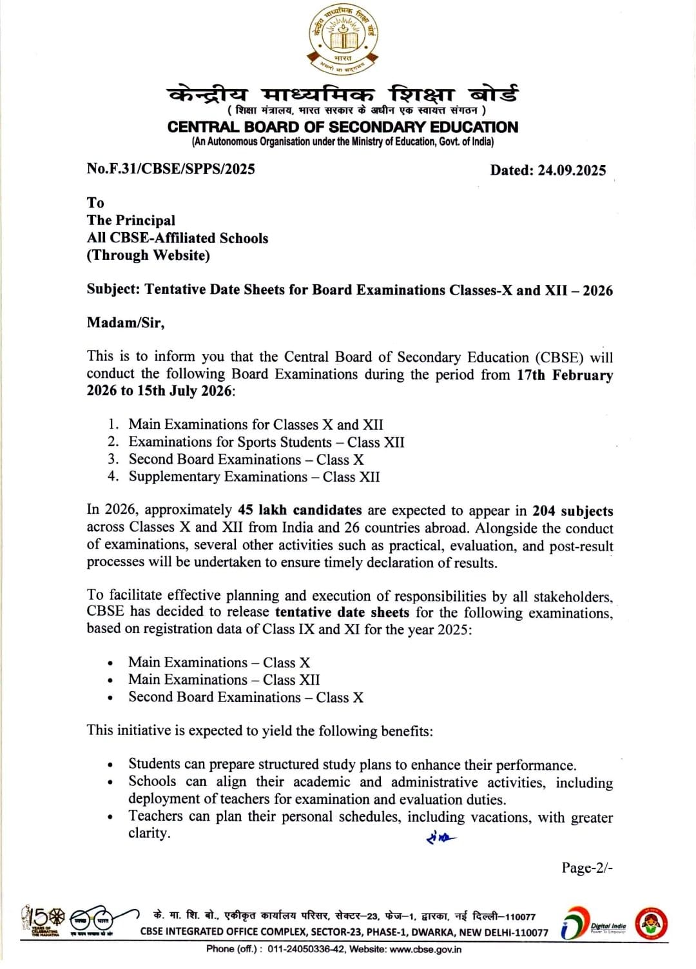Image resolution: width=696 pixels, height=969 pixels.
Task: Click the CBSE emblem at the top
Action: (x=343, y=40)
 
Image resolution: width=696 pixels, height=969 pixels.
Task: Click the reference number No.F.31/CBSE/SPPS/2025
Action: (x=171, y=169)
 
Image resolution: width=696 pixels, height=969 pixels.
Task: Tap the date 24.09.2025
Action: (x=572, y=170)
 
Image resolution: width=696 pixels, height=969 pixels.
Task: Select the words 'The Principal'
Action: (x=131, y=220)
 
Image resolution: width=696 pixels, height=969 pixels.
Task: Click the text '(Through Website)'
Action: (x=148, y=255)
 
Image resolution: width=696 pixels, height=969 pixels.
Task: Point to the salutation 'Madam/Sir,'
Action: (x=126, y=322)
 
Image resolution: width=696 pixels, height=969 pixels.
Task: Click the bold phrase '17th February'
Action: (x=565, y=375)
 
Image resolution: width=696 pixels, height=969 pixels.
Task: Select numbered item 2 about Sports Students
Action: (x=266, y=442)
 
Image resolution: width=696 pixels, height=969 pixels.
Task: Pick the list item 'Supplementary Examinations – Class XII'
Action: (x=254, y=477)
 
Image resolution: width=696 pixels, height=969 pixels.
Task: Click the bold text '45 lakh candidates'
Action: (x=300, y=511)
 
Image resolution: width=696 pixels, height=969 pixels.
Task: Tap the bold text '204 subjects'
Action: (x=572, y=511)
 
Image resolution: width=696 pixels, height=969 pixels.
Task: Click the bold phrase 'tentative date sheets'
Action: (x=342, y=612)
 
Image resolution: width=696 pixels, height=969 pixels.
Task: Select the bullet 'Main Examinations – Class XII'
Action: (x=224, y=680)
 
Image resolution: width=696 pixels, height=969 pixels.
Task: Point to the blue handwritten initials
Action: (x=441, y=838)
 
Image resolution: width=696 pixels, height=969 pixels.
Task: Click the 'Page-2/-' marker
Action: (x=586, y=868)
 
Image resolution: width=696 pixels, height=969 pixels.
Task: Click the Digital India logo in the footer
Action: (x=593, y=924)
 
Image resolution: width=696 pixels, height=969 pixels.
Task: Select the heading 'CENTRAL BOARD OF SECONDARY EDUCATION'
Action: (x=342, y=127)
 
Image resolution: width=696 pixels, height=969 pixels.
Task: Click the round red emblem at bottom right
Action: (x=651, y=924)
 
